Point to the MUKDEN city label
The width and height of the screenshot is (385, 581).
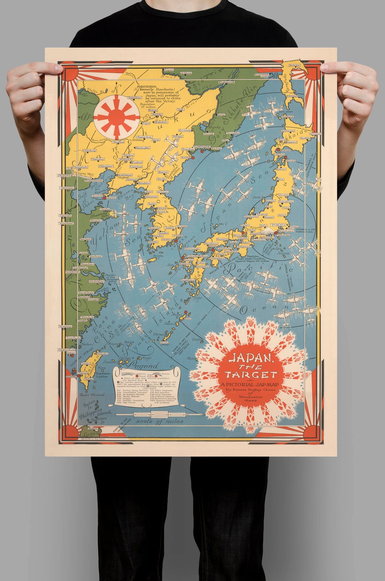point(128,159)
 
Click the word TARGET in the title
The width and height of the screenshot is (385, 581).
point(251,374)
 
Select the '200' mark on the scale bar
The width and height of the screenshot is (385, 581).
point(151,415)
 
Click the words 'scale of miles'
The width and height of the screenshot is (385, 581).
point(159,421)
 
